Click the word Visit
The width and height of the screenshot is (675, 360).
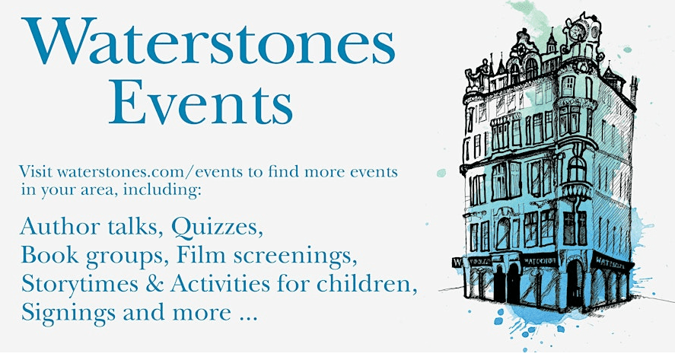click(36, 171)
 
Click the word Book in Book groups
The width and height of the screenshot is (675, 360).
click(49, 255)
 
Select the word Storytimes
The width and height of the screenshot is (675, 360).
click(80, 284)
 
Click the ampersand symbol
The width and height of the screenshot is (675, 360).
click(154, 284)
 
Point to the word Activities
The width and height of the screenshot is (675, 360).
click(221, 284)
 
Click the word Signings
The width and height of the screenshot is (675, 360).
click(68, 313)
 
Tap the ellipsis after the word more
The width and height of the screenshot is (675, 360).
click(247, 319)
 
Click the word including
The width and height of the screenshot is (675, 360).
click(162, 190)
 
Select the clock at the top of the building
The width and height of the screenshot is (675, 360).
click(577, 32)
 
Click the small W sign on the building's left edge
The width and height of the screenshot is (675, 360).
click(457, 263)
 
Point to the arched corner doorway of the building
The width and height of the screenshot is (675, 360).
click(575, 282)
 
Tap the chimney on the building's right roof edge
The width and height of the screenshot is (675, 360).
click(633, 89)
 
